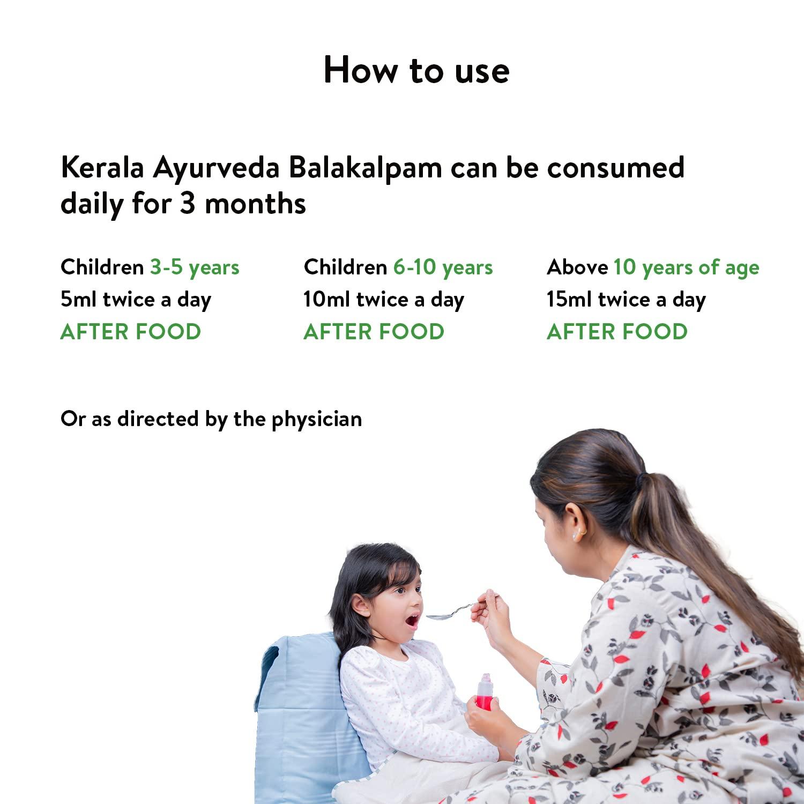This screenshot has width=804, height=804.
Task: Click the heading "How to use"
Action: pos(416,70)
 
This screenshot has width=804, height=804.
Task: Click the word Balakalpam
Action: pos(366,168)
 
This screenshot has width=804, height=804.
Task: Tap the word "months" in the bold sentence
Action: pos(255,204)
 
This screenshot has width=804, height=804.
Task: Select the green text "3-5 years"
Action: pos(195,267)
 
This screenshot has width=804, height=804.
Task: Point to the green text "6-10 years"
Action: pos(443,267)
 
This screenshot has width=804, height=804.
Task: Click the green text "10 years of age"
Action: pos(686,267)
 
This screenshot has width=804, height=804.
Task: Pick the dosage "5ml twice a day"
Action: pos(136,300)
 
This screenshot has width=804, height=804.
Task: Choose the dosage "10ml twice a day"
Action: pos(383,300)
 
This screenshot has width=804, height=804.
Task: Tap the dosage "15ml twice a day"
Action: pos(626,300)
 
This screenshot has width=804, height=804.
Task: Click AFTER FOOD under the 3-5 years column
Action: pos(131,332)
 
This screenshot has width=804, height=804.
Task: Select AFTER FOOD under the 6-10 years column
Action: pos(374,332)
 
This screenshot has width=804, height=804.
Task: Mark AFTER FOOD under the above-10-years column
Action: pos(617,332)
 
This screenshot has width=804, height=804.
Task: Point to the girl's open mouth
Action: pos(412,622)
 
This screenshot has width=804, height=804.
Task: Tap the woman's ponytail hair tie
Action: pos(639,479)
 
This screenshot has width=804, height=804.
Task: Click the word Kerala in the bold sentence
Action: pos(102,168)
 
